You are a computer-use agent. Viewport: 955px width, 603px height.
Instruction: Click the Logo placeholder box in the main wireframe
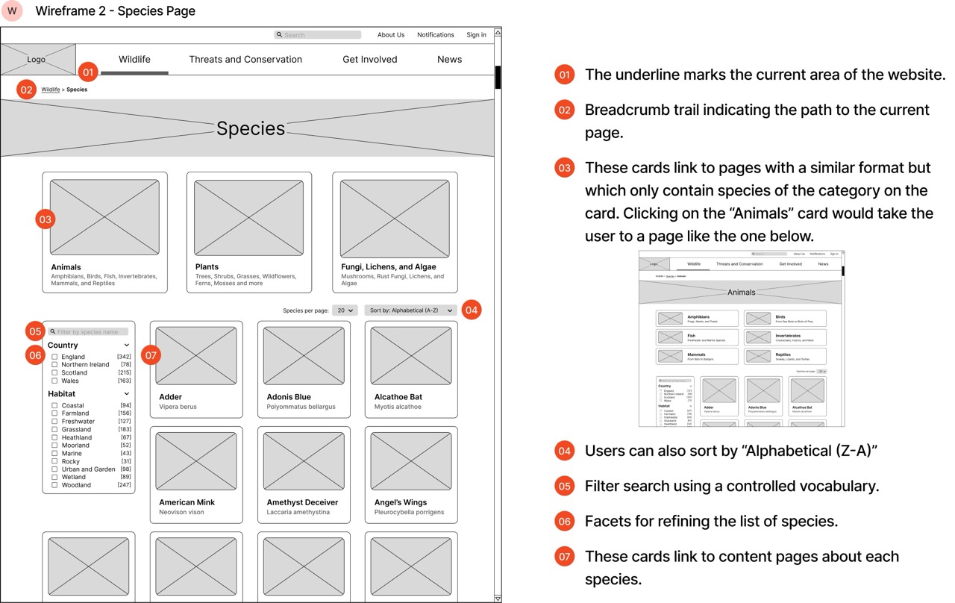[x=37, y=59]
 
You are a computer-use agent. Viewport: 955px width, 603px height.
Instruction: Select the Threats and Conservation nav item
[x=245, y=59]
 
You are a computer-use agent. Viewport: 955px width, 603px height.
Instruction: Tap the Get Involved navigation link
[x=369, y=59]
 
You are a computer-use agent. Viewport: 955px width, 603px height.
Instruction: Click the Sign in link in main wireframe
[x=476, y=35]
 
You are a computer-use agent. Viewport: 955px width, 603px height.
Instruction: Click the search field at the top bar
[x=318, y=35]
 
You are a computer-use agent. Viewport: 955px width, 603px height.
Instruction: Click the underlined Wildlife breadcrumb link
[x=51, y=90]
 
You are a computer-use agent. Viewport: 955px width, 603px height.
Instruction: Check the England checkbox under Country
[x=54, y=357]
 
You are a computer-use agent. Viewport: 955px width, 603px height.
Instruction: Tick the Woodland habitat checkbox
[x=54, y=485]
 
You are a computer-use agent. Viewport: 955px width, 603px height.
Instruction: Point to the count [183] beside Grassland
[x=125, y=429]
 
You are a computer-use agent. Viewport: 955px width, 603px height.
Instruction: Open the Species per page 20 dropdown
[x=345, y=310]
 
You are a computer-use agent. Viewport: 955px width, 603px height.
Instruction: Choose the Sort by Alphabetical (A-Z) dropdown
[x=410, y=310]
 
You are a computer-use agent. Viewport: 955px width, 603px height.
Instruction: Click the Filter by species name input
[x=88, y=331]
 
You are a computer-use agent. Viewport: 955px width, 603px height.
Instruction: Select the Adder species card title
[x=170, y=397]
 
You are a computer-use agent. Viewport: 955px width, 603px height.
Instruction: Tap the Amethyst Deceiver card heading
[x=302, y=502]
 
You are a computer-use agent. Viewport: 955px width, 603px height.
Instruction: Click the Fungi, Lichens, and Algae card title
[x=388, y=266]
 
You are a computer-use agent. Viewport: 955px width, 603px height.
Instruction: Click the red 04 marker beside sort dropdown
[x=471, y=310]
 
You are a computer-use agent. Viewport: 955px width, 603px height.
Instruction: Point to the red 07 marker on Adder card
[x=151, y=355]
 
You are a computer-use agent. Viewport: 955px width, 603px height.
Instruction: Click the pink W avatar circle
[x=12, y=11]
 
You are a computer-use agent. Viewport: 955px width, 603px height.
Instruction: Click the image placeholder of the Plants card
[x=248, y=217]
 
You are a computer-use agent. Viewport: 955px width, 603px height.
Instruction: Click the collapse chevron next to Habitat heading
[x=127, y=393]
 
